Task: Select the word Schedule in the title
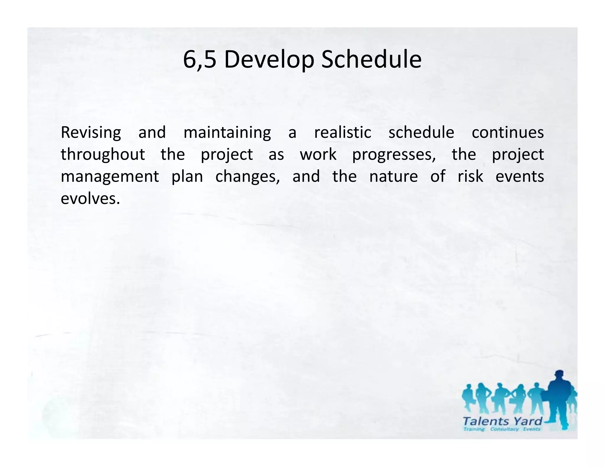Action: (x=371, y=60)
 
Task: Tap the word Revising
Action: (x=91, y=133)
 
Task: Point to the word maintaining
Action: (x=227, y=133)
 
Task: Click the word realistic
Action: (x=342, y=132)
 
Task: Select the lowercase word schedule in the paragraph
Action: (x=421, y=132)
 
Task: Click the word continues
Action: (x=508, y=132)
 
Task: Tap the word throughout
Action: (x=103, y=154)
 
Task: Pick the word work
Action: (x=318, y=154)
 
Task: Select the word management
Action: (x=110, y=177)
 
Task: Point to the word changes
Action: (x=247, y=177)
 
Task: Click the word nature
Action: (x=393, y=177)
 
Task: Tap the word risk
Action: (x=470, y=176)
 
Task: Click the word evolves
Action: (x=90, y=198)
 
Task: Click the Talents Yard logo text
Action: (x=502, y=421)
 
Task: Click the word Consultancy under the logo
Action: (x=504, y=429)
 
